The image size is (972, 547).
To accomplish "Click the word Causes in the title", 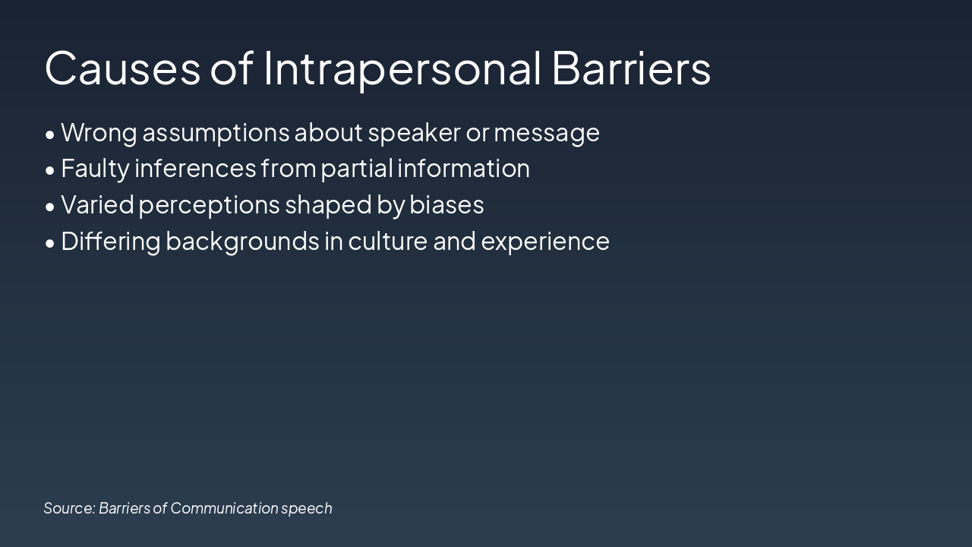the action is click(x=122, y=68).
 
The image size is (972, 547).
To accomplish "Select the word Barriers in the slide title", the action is click(x=631, y=68).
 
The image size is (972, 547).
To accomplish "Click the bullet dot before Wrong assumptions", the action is click(x=50, y=134).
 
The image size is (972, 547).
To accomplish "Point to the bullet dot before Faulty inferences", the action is click(x=50, y=171).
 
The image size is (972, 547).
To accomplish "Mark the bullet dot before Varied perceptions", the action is click(x=50, y=207).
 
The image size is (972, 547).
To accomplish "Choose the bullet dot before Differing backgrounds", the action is click(x=50, y=244).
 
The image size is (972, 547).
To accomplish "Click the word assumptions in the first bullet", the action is click(x=216, y=133).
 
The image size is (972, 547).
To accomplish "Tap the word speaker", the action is click(x=415, y=133).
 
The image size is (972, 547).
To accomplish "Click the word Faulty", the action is click(x=95, y=169).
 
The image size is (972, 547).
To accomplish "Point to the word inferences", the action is click(x=195, y=168).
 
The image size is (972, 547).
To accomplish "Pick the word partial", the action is click(x=357, y=169).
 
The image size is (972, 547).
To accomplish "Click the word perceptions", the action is click(x=209, y=206).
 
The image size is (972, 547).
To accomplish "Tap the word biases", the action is click(x=447, y=204).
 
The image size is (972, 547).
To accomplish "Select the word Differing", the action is click(x=111, y=242).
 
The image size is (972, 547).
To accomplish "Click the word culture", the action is click(x=387, y=241).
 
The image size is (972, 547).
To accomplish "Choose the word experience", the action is click(x=545, y=242).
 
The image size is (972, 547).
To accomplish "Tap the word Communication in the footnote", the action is click(x=224, y=508).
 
